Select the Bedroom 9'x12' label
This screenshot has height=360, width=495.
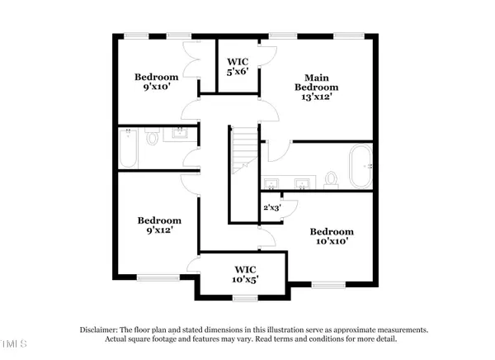pyautogui.click(x=159, y=226)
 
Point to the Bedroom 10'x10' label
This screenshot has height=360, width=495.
pyautogui.click(x=332, y=238)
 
